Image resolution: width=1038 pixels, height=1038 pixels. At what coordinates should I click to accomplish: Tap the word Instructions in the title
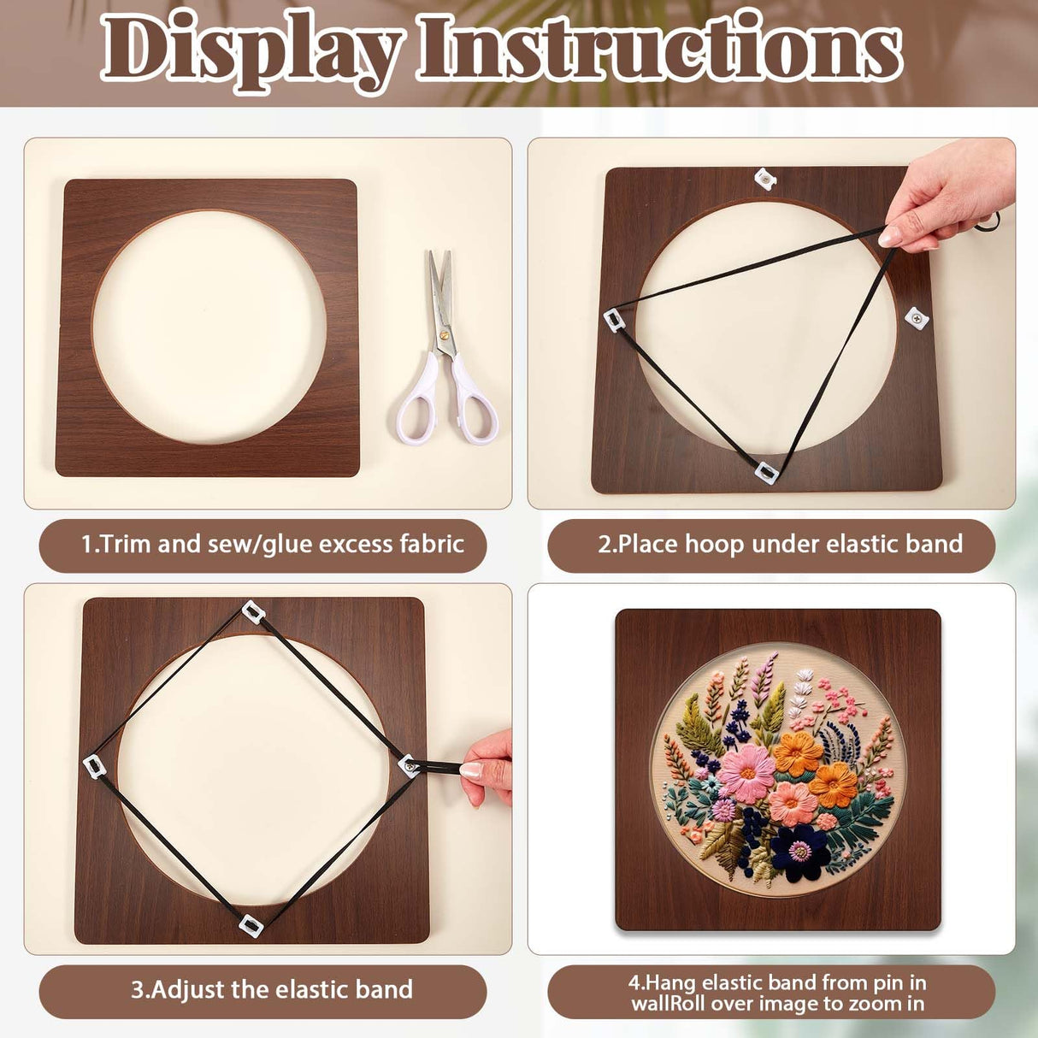click(x=658, y=47)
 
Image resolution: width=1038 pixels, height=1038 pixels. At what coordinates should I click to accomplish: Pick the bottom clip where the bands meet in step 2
click(x=766, y=472)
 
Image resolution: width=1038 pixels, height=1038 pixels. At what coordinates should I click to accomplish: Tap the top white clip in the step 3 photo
click(x=252, y=611)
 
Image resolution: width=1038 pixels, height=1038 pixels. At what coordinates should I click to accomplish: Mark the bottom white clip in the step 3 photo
click(x=249, y=923)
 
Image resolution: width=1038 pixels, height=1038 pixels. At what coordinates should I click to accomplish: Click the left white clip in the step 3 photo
click(x=92, y=766)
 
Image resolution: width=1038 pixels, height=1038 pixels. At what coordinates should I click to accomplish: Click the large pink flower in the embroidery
click(x=746, y=772)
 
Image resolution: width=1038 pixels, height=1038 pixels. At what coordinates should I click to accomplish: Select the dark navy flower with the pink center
click(x=799, y=852)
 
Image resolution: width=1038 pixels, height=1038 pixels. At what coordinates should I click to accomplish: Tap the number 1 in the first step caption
click(x=86, y=545)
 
